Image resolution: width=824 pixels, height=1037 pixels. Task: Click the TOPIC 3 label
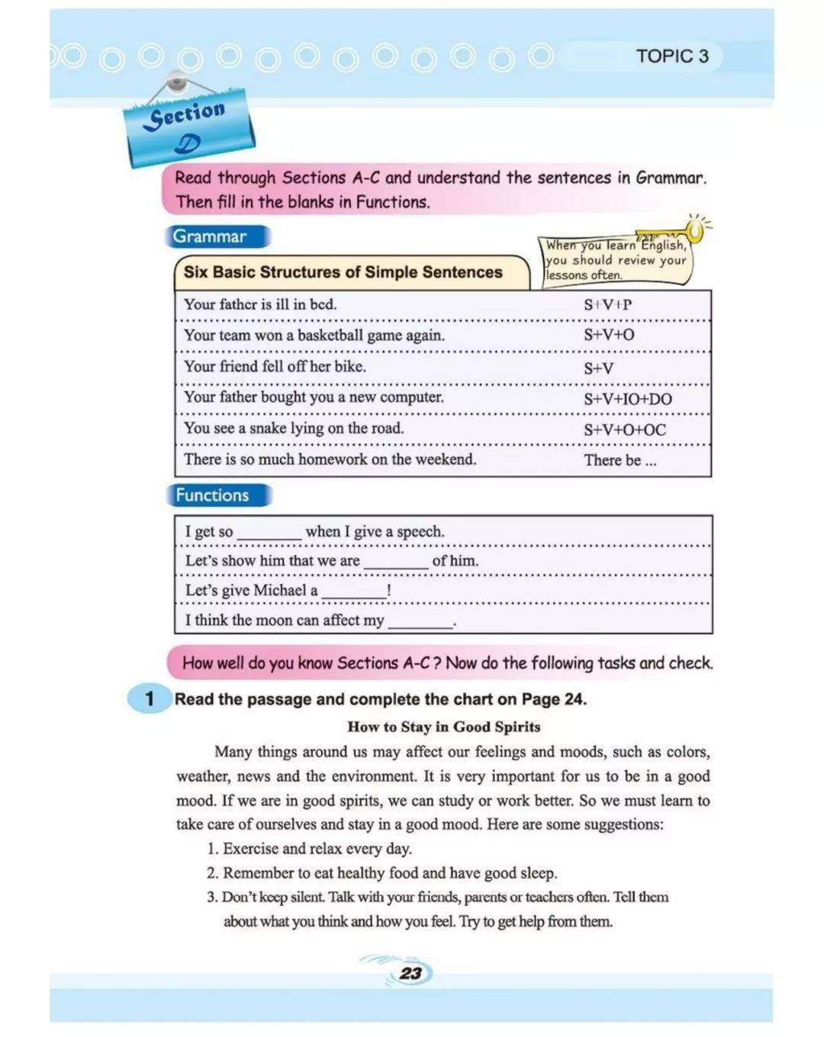pos(671,56)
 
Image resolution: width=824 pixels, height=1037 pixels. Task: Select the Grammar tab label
pos(210,236)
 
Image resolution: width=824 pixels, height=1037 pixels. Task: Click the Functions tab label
pos(213,496)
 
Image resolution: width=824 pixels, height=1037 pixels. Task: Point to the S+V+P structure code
pos(607,305)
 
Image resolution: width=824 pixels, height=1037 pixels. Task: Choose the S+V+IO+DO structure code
pos(627,399)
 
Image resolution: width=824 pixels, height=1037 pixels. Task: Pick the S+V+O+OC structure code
pos(624,430)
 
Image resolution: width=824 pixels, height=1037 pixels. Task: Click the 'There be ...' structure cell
pos(620,461)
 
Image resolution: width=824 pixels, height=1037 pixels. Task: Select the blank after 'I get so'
pos(269,534)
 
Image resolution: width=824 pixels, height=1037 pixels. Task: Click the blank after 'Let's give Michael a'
pos(354,592)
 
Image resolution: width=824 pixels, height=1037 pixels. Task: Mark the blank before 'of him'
pos(396,563)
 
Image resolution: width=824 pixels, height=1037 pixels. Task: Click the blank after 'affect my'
pos(420,622)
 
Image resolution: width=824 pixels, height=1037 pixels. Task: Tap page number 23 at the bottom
pos(410,973)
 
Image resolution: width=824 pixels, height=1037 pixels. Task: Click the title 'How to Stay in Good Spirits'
pos(443,727)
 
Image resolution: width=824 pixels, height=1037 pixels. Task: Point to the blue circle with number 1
pos(150,698)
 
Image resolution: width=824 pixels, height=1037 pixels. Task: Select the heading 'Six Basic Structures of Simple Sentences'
pos(343,272)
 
